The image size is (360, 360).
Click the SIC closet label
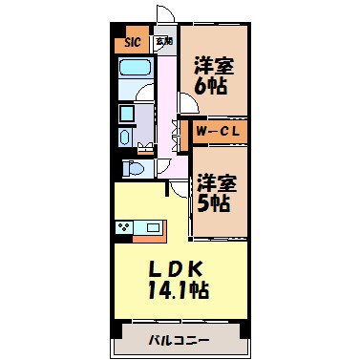point(132,43)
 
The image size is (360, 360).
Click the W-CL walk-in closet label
point(221,130)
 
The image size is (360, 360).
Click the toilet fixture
point(135,169)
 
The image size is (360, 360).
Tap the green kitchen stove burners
point(125,227)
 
